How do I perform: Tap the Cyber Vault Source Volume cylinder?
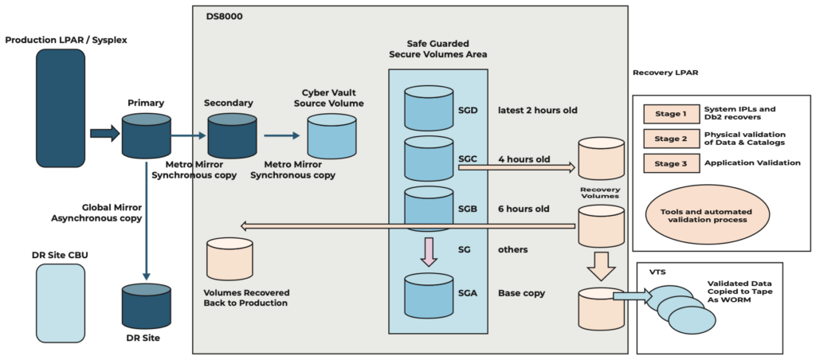tap(331, 135)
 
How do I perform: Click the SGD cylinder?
tap(428, 109)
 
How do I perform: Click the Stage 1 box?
tap(671, 113)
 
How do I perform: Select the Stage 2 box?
tap(671, 138)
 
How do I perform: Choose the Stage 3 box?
tap(671, 162)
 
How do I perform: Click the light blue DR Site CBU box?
tap(60, 303)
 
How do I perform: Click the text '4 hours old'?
tap(524, 158)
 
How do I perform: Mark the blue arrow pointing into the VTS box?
tap(629, 297)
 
